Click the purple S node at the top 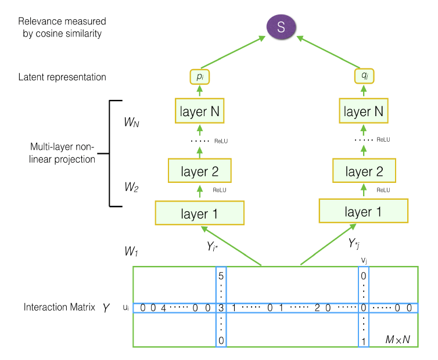(281, 27)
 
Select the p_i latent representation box (199, 76)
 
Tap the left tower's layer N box (199, 111)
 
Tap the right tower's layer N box (364, 111)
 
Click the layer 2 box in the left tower (199, 171)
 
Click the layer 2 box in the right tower (364, 171)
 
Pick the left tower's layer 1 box (199, 213)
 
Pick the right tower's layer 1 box (364, 211)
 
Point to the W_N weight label (132, 123)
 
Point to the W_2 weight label (131, 188)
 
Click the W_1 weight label (131, 253)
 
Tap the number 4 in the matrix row (164, 308)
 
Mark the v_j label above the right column (364, 260)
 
